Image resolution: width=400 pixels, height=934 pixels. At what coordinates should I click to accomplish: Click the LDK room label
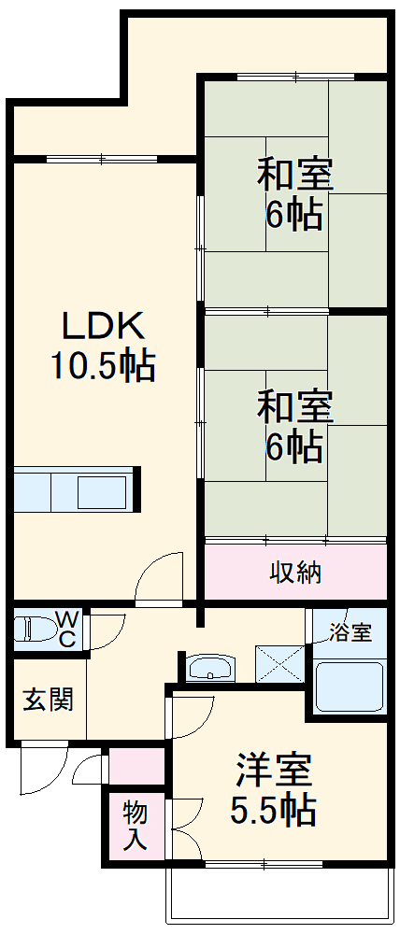[103, 328]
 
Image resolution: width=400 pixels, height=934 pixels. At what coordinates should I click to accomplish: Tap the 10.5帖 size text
[103, 366]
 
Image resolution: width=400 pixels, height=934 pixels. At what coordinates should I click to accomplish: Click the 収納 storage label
[295, 572]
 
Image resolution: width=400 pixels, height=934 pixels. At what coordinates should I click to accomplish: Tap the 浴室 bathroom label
[350, 632]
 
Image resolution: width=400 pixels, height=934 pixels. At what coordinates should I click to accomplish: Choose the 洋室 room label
[272, 771]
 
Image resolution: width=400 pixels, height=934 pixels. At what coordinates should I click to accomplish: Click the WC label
[68, 628]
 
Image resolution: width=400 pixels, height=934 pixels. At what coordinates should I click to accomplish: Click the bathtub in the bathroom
[349, 686]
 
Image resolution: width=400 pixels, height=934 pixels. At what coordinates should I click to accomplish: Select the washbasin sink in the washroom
[212, 668]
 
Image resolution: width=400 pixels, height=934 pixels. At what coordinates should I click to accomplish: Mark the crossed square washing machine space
[281, 666]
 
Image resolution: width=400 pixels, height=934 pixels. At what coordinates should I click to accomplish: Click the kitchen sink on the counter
[104, 489]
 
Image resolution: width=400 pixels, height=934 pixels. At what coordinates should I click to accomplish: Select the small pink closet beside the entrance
[136, 766]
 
